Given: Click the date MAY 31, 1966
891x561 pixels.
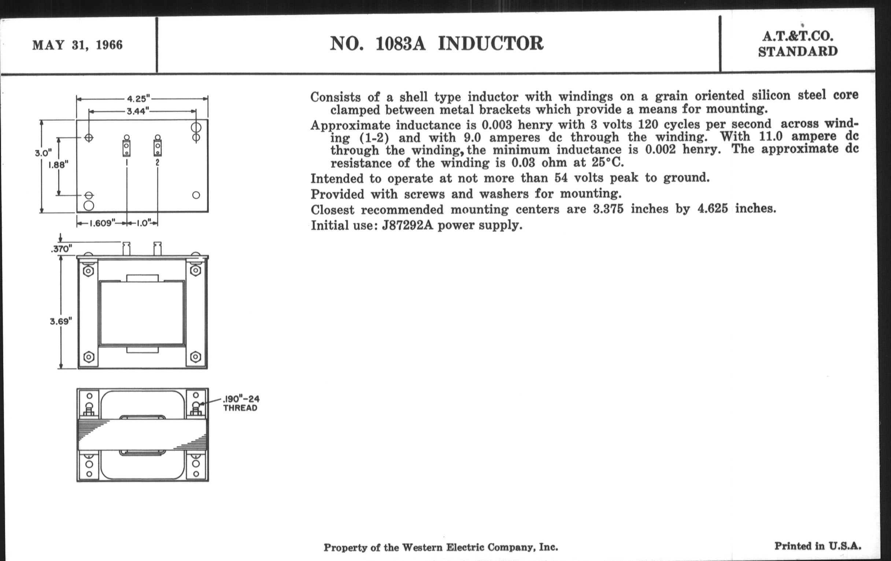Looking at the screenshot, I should tap(77, 45).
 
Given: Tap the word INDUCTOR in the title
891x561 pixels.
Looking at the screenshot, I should tap(491, 44).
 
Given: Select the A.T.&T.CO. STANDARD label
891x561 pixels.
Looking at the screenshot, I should tap(797, 44).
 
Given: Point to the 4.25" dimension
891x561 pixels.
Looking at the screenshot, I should tap(138, 99).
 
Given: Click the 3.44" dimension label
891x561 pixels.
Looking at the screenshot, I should tap(138, 111).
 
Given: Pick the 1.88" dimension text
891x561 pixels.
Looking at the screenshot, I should tap(59, 165).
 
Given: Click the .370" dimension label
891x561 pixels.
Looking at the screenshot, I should tap(62, 249).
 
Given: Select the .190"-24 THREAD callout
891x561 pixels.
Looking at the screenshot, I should tap(241, 403).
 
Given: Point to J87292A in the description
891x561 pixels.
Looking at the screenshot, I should tap(407, 225).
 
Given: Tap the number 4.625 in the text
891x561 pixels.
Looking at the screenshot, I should tap(713, 209).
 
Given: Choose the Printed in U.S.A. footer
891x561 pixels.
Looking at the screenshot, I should tap(818, 546).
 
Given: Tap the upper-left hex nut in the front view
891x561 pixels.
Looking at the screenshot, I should tap(88, 271).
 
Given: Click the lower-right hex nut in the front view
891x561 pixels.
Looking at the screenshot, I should tap(196, 357).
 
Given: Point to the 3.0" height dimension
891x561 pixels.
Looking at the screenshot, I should tap(43, 153).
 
